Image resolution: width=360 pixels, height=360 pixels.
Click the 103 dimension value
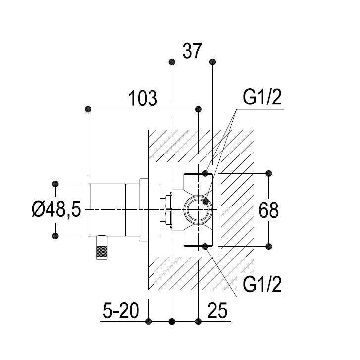point(143,99)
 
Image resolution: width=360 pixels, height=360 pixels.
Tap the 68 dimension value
point(269,210)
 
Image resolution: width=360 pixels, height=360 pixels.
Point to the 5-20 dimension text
point(121,312)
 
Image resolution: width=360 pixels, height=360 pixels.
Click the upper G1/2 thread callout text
point(262,98)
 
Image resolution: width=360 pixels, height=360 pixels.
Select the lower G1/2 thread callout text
point(262,286)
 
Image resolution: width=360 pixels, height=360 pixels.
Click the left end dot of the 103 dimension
point(88,109)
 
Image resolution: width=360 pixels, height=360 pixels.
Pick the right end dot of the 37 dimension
point(213,62)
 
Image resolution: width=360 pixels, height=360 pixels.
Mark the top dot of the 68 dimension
point(269,173)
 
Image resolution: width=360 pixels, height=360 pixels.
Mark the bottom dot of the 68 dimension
point(269,246)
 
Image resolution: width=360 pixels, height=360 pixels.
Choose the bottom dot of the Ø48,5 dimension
point(56,236)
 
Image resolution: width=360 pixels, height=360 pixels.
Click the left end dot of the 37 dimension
point(171,62)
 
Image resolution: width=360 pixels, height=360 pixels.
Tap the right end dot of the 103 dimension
point(199,109)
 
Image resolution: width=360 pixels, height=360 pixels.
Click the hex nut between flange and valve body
point(168,210)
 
